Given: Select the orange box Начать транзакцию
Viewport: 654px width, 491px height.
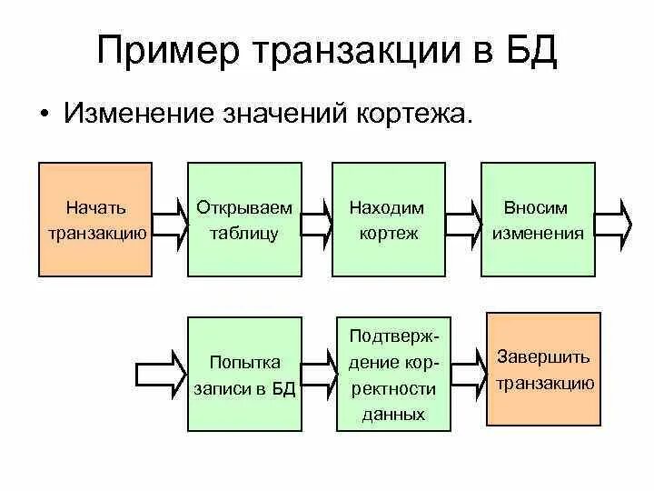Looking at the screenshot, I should (95, 219).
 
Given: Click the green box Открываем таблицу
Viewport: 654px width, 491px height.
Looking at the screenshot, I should (244, 219).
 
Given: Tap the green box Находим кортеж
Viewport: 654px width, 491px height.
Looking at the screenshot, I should (388, 219).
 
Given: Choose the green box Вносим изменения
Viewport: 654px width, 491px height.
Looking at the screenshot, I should (538, 219).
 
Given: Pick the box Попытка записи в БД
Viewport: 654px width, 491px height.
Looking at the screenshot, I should (244, 373).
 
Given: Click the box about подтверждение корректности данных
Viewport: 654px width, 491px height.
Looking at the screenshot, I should (392, 373).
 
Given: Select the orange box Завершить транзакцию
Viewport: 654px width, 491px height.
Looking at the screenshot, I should (544, 368).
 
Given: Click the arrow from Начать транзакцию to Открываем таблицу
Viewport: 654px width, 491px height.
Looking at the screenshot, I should (168, 218).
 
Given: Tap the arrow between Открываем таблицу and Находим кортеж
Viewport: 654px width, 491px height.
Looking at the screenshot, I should (317, 218).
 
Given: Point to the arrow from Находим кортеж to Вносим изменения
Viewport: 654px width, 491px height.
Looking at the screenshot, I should (463, 218).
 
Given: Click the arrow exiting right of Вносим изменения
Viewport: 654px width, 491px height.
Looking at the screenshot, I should (613, 218).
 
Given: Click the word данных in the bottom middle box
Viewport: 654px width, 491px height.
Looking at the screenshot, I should (393, 414).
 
